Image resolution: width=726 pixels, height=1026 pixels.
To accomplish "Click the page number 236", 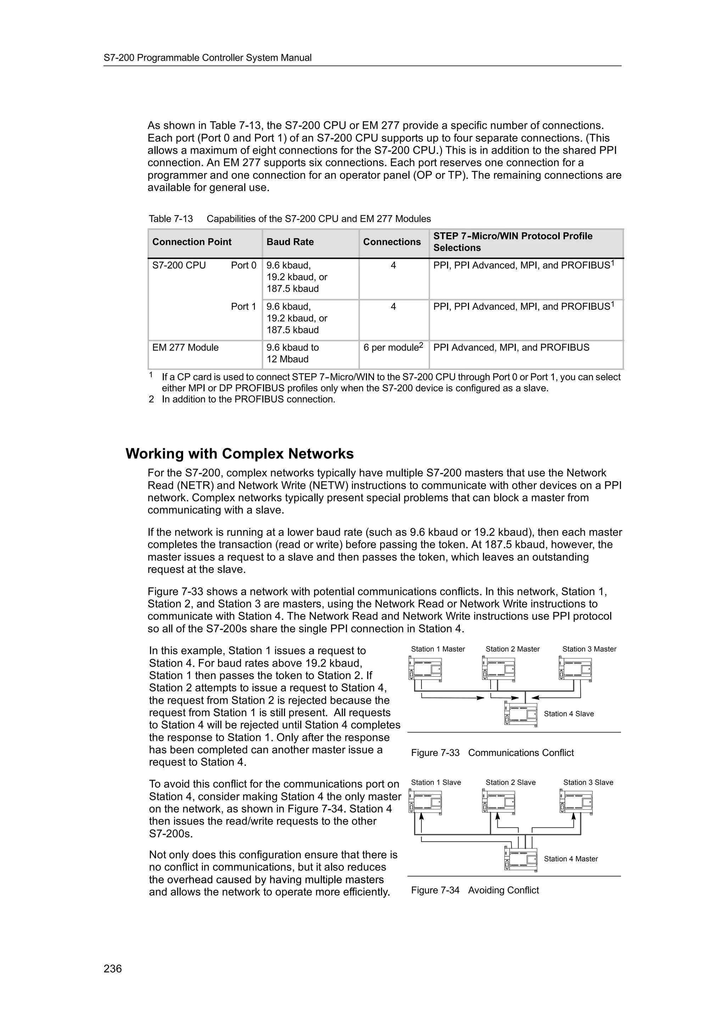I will [x=112, y=968].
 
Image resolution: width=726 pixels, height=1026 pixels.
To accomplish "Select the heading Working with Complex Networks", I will [x=239, y=454].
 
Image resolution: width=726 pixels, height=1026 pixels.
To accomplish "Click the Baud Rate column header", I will [x=290, y=242].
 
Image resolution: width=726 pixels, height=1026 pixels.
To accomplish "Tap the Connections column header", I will [x=391, y=242].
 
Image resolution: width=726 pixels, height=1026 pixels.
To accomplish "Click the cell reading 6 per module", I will [x=393, y=347].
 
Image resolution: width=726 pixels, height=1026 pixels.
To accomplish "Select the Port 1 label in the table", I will [x=243, y=306].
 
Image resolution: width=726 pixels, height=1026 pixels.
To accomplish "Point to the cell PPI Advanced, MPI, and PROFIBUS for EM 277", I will [x=511, y=347].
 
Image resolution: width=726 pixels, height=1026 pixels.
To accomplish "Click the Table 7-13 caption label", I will [x=171, y=218].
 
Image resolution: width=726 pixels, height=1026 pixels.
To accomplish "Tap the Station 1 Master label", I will [x=437, y=649].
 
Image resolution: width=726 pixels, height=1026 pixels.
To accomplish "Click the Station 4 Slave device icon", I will [x=520, y=714].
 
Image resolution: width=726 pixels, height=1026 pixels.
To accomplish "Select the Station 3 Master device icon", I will [x=576, y=668].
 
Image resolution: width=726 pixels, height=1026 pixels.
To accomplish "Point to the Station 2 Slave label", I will [x=510, y=782].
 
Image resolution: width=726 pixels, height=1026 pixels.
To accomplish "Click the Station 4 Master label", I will [x=570, y=859].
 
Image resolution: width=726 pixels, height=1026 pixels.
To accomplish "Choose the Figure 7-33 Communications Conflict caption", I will [x=492, y=753].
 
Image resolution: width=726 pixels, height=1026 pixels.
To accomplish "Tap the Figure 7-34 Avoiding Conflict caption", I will [x=475, y=890].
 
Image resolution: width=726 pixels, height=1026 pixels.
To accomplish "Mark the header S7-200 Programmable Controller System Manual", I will [x=208, y=58].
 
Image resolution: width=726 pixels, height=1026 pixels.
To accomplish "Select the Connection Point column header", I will [x=191, y=242].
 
